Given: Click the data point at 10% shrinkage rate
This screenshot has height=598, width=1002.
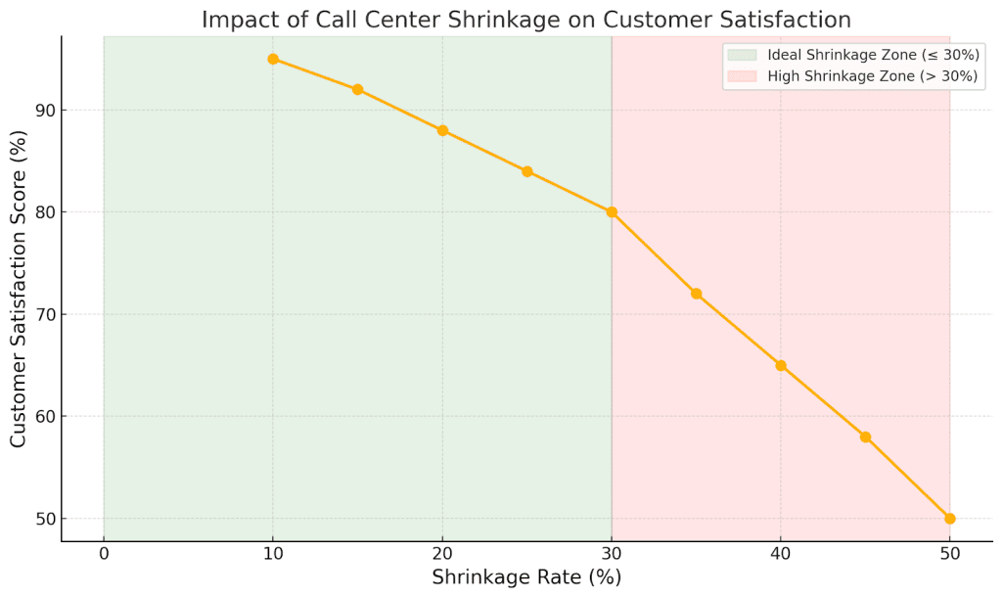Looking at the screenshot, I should point(273,59).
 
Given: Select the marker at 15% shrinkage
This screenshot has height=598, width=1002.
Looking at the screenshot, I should point(357,89).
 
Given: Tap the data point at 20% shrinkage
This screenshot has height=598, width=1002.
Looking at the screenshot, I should point(442,130).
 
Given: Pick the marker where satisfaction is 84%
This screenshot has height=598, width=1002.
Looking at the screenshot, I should point(526,171).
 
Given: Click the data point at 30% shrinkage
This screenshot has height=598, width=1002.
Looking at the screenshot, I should point(612,211).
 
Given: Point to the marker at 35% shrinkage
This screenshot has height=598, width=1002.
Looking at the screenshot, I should point(696,294).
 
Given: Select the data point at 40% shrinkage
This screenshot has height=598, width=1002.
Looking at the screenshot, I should point(781,365).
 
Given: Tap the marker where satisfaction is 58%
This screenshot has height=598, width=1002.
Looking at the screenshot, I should point(865,437).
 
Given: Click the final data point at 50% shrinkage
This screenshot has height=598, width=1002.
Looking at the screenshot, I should point(949,518).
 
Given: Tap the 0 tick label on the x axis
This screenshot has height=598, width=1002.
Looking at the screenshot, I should point(104,554).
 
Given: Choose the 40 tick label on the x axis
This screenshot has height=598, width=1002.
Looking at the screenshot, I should point(781,554).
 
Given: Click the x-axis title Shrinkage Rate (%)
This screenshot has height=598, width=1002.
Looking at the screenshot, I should point(526,578).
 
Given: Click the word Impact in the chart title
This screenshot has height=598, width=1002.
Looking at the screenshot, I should point(236,20).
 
